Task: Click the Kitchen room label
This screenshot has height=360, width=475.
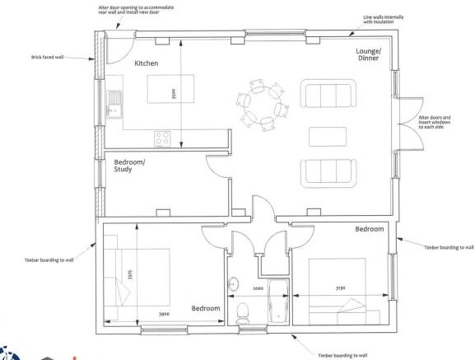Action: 147,63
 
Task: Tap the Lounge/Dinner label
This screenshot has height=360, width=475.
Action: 368,54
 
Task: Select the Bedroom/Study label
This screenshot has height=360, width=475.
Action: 129,166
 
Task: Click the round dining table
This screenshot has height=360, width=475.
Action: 263,105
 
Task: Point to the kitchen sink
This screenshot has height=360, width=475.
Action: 114,105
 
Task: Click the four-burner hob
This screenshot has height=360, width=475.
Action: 162,138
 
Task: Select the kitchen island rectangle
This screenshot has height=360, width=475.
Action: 171,89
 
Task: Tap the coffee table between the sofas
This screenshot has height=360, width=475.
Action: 328,137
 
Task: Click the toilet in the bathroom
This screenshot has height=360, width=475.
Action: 242,314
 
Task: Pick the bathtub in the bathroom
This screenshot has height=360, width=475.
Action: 278,301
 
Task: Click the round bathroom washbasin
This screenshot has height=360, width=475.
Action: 233,284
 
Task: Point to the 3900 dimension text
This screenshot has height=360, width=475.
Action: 164,314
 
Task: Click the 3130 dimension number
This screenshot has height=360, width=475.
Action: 340,288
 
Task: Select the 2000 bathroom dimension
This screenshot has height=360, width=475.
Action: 258,288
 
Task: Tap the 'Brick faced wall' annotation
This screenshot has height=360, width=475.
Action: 47,57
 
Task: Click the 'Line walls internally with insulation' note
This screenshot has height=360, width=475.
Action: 384,20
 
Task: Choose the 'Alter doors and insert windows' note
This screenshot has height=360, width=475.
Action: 435,122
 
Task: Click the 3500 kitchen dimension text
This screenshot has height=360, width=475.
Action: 174,94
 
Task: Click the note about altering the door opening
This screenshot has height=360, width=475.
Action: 136,10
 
